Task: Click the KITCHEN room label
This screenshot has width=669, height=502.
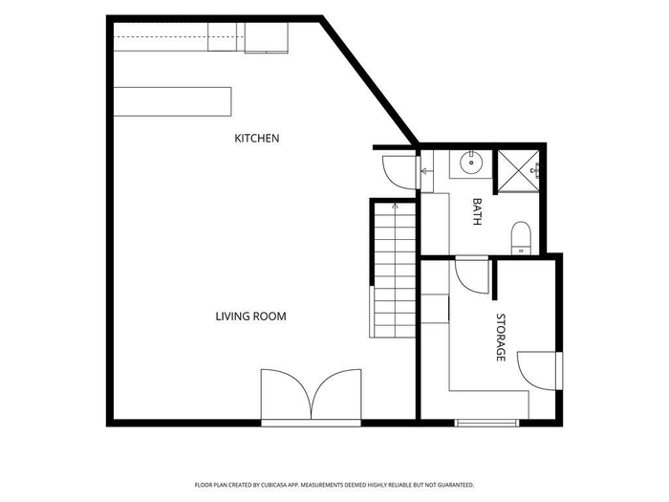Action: point(257,139)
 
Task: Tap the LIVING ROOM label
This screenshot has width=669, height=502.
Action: point(250,316)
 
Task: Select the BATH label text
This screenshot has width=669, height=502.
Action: point(477,211)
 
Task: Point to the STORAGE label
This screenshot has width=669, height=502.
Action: point(501,338)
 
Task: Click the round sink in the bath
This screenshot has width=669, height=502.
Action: point(471,163)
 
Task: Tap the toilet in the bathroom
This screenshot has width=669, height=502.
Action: point(521,238)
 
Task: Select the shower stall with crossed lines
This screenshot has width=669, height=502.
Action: point(518,171)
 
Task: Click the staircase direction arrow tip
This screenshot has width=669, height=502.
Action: point(395,205)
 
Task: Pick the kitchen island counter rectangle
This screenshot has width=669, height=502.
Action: point(172,101)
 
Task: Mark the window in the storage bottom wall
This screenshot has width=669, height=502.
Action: point(486,423)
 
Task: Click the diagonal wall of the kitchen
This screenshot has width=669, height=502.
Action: point(370,81)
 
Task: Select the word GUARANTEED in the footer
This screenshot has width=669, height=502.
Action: point(458,486)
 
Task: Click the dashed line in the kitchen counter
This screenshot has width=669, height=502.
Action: point(180,36)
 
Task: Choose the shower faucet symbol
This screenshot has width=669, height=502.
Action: point(535,171)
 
